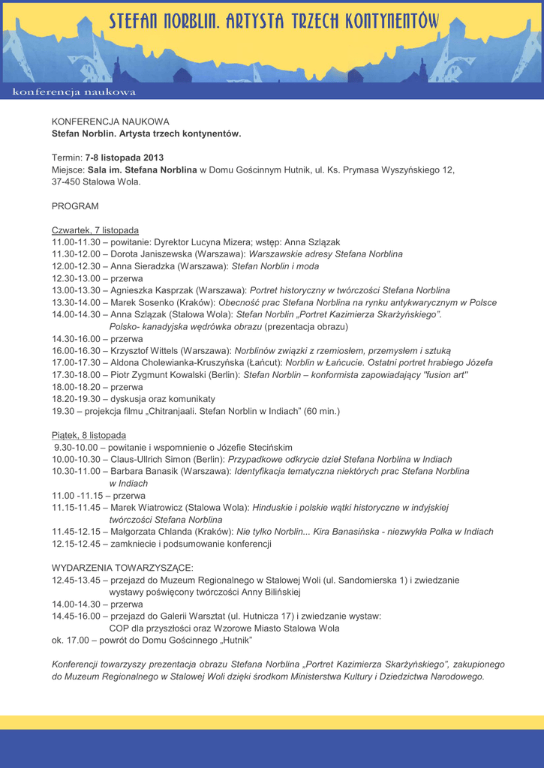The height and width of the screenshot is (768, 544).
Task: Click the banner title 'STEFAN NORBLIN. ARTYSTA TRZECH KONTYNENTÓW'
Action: (274, 22)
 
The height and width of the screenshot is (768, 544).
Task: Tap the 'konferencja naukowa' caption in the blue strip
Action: (74, 92)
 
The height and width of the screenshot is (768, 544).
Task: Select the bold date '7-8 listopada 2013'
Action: (124, 157)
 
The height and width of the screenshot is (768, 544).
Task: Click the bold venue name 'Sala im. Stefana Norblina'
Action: (142, 169)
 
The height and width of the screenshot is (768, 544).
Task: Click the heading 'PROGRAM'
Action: (75, 205)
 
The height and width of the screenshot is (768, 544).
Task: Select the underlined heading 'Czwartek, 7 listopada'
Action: (95, 230)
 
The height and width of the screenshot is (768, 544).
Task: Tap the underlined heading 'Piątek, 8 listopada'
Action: (89, 435)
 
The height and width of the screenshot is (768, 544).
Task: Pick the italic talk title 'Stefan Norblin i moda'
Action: (275, 266)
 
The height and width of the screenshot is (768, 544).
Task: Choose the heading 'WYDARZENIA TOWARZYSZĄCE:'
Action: (122, 568)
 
